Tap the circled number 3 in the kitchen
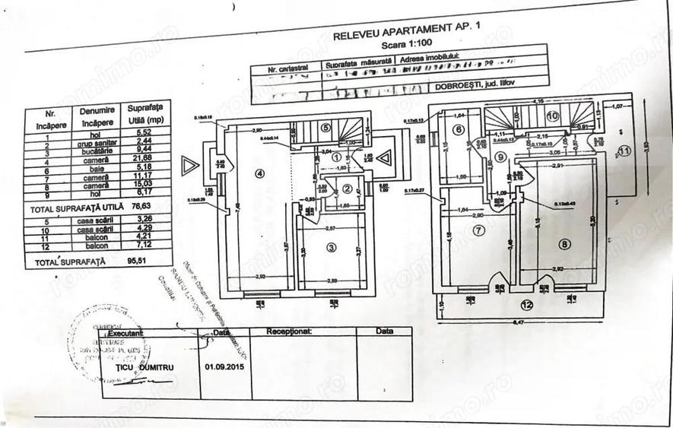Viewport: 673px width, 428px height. [332, 247]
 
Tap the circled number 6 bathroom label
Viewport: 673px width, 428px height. [459, 129]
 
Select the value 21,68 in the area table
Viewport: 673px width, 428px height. [143, 157]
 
